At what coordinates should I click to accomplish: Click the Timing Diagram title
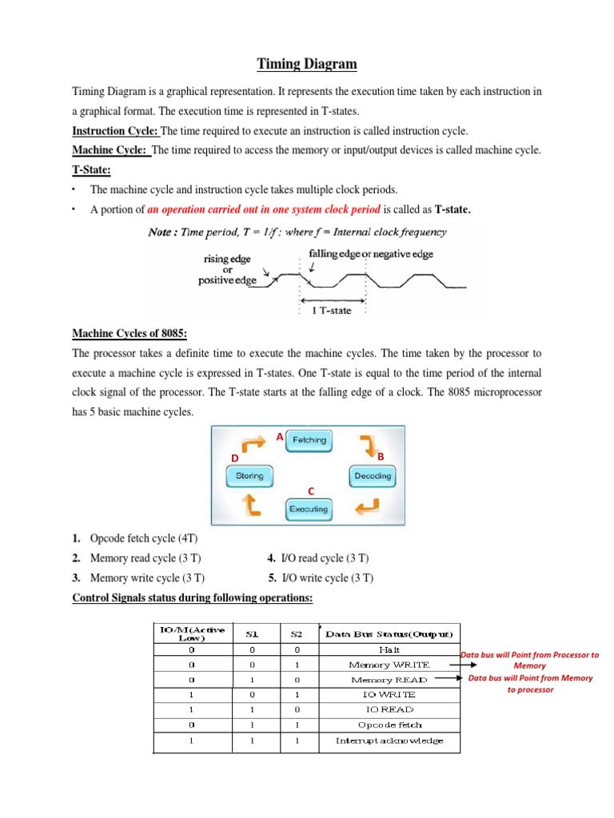coord(308,65)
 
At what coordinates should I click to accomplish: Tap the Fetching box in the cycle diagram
coord(309,440)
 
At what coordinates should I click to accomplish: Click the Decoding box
coord(373,476)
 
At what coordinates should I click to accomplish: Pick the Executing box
coord(309,509)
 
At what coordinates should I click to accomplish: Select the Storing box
coord(249,476)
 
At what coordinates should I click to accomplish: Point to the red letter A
coord(279,438)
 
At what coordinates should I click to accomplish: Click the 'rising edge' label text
coord(228,259)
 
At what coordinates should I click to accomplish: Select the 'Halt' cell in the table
coord(389,649)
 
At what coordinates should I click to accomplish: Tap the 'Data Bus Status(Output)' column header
coord(389,634)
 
